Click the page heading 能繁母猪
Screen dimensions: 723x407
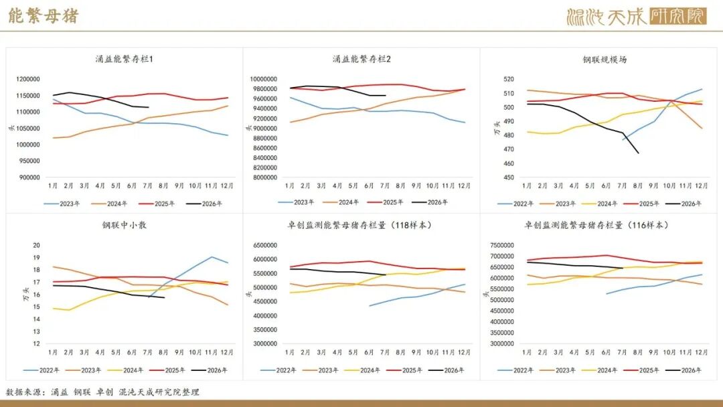click(x=44, y=15)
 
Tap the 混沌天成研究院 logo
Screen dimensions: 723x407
click(x=637, y=17)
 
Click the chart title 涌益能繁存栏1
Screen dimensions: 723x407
click(x=124, y=59)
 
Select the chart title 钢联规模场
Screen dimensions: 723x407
click(x=605, y=60)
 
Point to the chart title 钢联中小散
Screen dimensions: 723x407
click(x=124, y=225)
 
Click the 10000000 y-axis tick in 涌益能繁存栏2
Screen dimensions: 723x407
click(x=263, y=79)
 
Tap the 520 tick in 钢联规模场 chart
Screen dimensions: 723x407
click(x=509, y=79)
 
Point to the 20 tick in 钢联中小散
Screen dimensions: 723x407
click(x=36, y=245)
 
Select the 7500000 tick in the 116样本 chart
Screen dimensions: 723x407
click(x=501, y=245)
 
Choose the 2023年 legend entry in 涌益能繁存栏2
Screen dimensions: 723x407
click(x=296, y=202)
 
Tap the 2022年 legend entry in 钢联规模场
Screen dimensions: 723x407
click(x=515, y=203)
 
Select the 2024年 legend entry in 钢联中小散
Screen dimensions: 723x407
click(x=125, y=370)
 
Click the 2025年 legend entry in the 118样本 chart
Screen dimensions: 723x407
click(x=404, y=370)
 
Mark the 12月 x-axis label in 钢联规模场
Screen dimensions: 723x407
click(x=701, y=185)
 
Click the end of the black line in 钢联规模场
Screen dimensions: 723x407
click(x=639, y=153)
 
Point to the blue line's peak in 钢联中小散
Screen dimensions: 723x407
click(x=212, y=257)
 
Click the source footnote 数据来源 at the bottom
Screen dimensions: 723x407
click(x=103, y=392)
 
